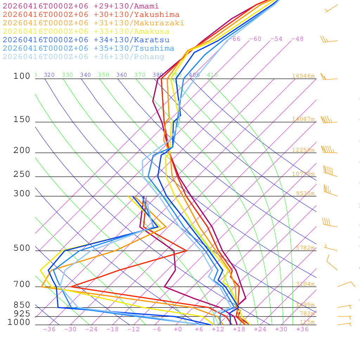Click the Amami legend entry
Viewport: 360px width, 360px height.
81,6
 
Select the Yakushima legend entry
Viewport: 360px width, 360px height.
91,15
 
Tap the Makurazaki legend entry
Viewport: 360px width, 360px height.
93,23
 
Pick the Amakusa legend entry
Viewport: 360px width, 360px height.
86,32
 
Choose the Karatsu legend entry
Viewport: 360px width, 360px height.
86,40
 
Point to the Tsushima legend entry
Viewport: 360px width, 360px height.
88,49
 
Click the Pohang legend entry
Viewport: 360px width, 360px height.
83,57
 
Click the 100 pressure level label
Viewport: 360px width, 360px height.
22,76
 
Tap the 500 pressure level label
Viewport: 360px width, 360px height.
22,248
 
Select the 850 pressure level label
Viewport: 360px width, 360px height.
22,305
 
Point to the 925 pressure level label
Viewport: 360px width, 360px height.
22,314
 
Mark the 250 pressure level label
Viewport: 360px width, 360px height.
22,174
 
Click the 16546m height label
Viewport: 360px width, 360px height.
303,76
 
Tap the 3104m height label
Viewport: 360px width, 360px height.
305,284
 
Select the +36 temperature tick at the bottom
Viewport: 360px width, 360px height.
302,329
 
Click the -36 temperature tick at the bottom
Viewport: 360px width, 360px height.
49,329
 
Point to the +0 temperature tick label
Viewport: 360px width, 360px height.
178,329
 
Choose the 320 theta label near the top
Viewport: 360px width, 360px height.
49,75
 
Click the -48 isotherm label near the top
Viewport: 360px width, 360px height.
297,39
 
